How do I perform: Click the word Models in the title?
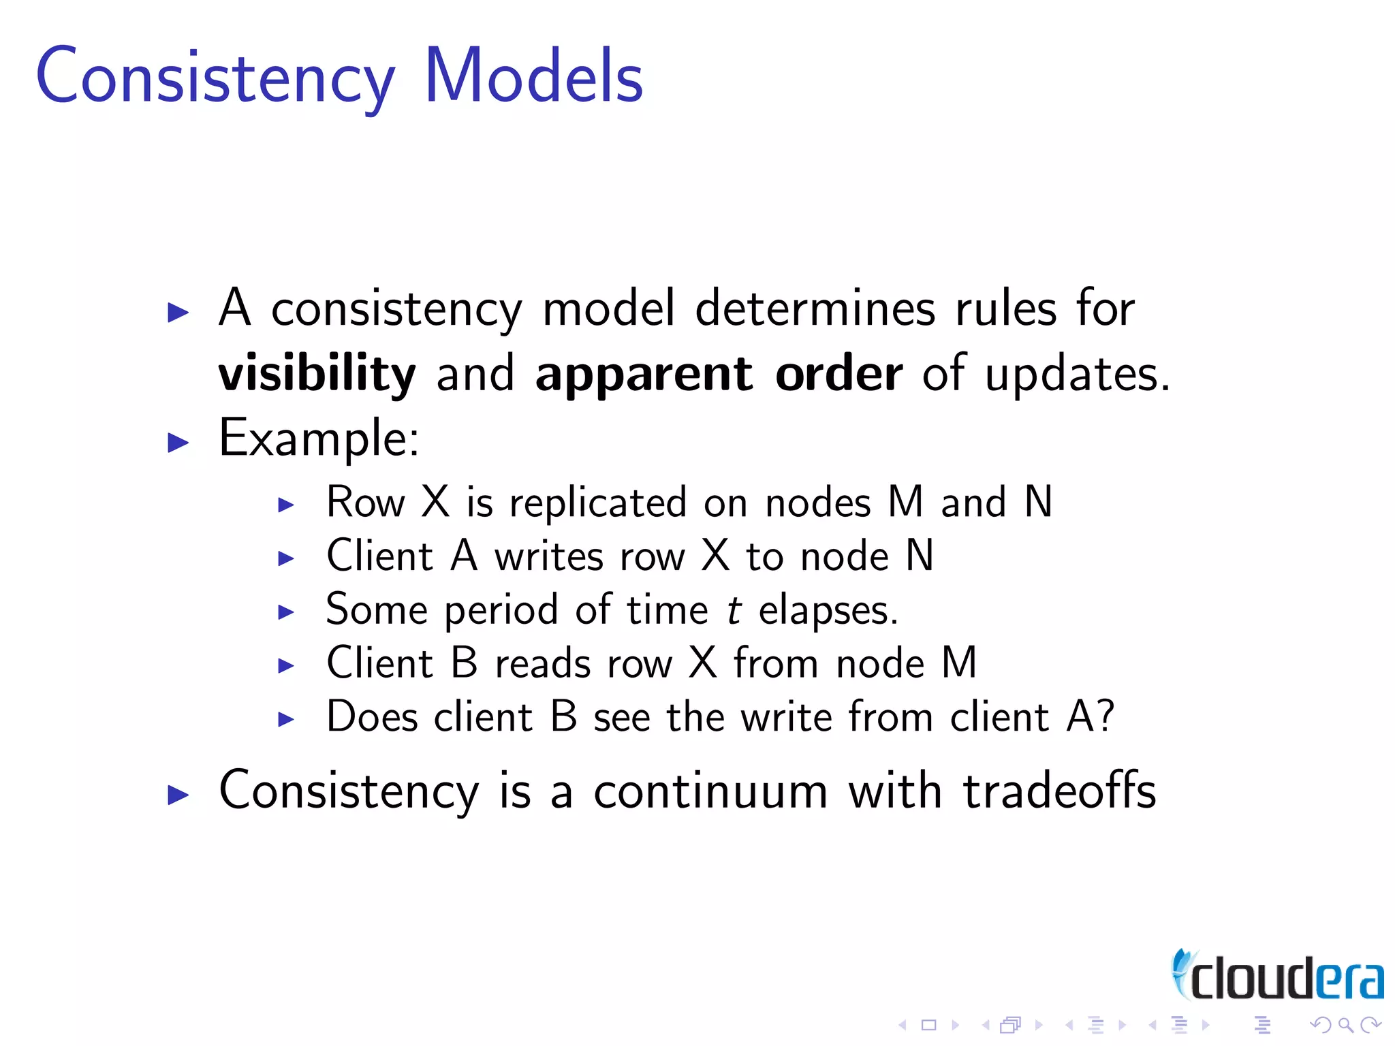tap(533, 76)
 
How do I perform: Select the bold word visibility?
tap(317, 375)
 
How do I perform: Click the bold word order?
tap(838, 375)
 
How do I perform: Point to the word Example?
tap(319, 439)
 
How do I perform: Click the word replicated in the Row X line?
tap(598, 504)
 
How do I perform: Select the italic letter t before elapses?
tap(734, 610)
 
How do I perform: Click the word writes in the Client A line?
tap(549, 557)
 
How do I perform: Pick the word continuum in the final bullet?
tap(710, 792)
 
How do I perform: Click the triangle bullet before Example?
tap(178, 443)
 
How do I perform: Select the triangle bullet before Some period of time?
tap(286, 612)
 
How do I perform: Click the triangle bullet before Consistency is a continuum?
tap(178, 795)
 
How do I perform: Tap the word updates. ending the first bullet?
tap(1078, 375)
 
